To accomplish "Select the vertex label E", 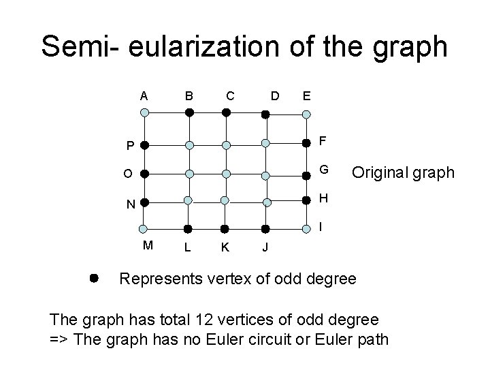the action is point(307,95).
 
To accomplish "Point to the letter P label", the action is point(129,146).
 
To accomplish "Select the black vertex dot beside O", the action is point(144,173).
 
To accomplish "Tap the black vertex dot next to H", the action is point(307,201).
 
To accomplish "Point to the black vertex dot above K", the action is point(225,229).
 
